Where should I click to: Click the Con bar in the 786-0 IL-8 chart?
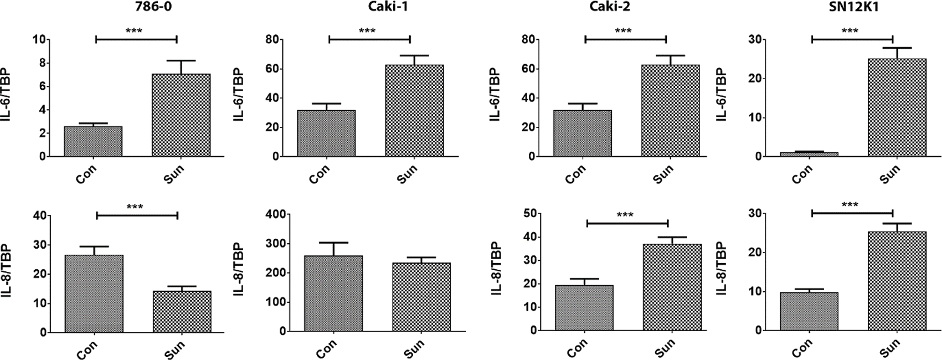point(94,294)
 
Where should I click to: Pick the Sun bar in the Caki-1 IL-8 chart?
point(421,297)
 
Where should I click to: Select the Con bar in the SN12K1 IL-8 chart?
point(809,311)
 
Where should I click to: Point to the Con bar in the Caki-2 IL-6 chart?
point(583,133)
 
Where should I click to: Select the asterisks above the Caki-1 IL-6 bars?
point(367,31)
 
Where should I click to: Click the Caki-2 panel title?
point(624,8)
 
